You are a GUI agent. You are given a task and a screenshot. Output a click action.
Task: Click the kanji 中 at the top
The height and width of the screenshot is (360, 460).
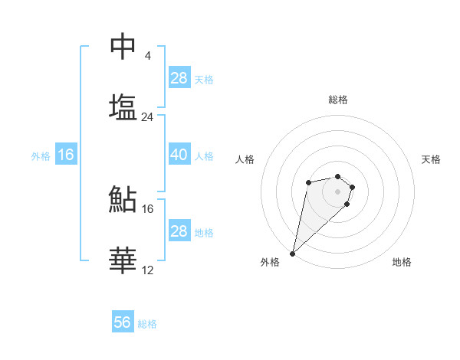pos(123,46)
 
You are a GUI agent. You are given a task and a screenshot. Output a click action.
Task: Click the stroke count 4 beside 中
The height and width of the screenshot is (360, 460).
pos(147,56)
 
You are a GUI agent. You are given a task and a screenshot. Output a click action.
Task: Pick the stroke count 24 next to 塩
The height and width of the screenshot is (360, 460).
pos(148,117)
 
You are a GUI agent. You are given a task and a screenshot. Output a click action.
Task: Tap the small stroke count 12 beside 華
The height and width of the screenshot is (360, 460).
pos(148,270)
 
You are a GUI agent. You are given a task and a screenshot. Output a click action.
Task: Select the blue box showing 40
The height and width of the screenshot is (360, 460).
pos(179,155)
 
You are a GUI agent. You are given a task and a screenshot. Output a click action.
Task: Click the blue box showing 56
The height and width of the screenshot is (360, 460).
pos(123,322)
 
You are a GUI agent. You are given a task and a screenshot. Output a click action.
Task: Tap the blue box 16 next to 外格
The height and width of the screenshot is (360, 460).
pos(66,155)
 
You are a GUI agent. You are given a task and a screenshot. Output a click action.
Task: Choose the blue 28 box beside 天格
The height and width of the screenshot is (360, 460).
pos(179,78)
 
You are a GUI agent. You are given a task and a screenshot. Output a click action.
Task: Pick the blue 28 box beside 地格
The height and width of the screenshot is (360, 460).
pos(179,231)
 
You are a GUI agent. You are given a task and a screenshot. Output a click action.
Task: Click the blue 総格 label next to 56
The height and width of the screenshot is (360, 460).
pos(147,324)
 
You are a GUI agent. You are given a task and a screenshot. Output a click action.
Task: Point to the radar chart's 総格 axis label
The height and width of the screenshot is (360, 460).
pos(338,100)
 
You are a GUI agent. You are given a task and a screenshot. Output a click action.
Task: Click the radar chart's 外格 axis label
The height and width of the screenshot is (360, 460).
pos(270,263)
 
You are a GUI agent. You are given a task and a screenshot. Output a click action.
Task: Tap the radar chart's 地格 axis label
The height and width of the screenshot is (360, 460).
pos(402,263)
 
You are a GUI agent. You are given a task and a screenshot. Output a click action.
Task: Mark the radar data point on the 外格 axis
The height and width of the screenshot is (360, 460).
pos(293,253)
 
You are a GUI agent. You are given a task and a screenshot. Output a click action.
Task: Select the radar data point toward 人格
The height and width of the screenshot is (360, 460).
pos(308,182)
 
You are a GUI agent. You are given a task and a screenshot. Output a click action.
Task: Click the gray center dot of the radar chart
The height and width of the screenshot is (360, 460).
pos(338,191)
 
